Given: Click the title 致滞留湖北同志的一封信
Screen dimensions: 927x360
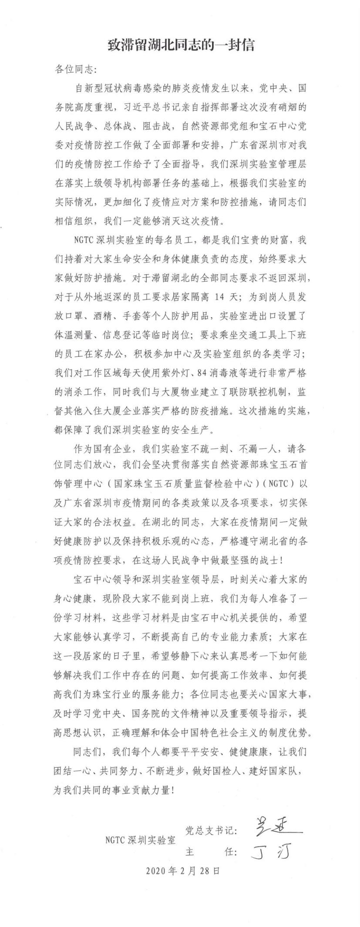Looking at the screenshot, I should coord(181,45).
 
